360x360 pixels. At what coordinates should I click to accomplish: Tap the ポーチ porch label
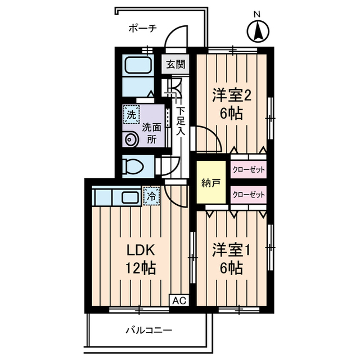142,28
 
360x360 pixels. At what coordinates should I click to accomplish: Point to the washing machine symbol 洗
130,115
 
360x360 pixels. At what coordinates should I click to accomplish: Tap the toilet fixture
134,166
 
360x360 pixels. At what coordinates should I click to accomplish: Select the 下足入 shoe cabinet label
181,120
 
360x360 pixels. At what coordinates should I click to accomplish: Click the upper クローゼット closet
248,169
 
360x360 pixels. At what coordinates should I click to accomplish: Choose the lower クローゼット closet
248,195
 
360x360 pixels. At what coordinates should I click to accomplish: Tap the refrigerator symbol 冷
151,197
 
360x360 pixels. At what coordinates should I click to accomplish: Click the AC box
178,301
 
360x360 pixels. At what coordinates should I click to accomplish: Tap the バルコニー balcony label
148,330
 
